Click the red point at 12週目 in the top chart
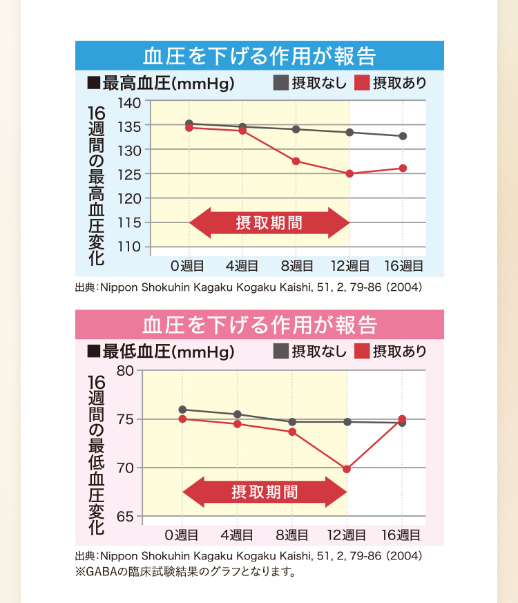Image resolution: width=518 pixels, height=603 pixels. click(349, 174)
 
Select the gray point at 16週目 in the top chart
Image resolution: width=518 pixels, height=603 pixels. click(403, 136)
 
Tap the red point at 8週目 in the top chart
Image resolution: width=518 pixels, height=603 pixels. click(296, 161)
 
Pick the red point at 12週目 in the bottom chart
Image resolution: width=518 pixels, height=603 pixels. click(347, 469)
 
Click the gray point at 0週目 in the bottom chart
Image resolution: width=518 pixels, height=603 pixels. click(182, 410)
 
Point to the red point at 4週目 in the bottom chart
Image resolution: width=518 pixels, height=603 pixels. click(238, 424)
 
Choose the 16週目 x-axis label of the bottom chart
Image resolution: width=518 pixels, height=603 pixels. click(401, 535)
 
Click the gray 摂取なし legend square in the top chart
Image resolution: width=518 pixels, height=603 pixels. click(280, 83)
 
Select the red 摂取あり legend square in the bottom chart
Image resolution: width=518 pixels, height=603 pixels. click(362, 351)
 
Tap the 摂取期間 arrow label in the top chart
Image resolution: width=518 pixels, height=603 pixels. click(269, 223)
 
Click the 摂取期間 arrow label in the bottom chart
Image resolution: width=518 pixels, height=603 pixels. click(265, 492)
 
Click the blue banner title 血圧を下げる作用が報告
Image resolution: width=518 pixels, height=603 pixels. click(259, 55)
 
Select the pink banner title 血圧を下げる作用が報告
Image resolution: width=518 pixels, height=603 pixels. click(259, 325)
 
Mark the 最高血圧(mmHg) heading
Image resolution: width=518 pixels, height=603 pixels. click(161, 84)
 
